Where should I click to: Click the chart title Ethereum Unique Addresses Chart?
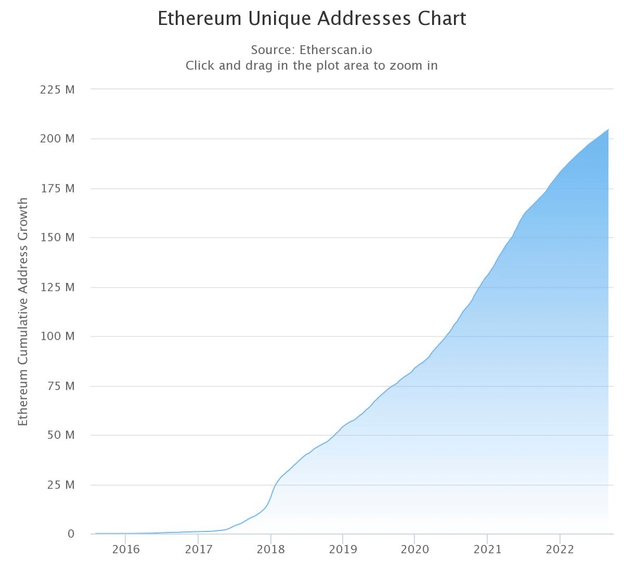pos(312,19)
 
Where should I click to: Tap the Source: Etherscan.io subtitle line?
pos(311,50)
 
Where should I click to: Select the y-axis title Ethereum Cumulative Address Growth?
pos(23,311)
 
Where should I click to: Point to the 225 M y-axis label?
pos(57,89)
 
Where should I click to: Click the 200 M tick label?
pos(57,139)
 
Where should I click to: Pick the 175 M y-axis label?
pos(57,188)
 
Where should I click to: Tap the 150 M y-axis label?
pos(57,238)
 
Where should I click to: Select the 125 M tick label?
pos(57,287)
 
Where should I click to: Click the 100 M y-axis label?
pos(57,336)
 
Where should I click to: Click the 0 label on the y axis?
pos(71,534)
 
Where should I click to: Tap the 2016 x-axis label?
pos(126,550)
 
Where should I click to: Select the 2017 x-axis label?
pos(198,550)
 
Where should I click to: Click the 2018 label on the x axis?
pos(270,550)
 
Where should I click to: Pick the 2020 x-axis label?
pos(414,550)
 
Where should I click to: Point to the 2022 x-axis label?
pos(560,550)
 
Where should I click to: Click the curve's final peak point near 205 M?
pos(608,129)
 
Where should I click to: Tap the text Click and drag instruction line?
pos(311,66)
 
